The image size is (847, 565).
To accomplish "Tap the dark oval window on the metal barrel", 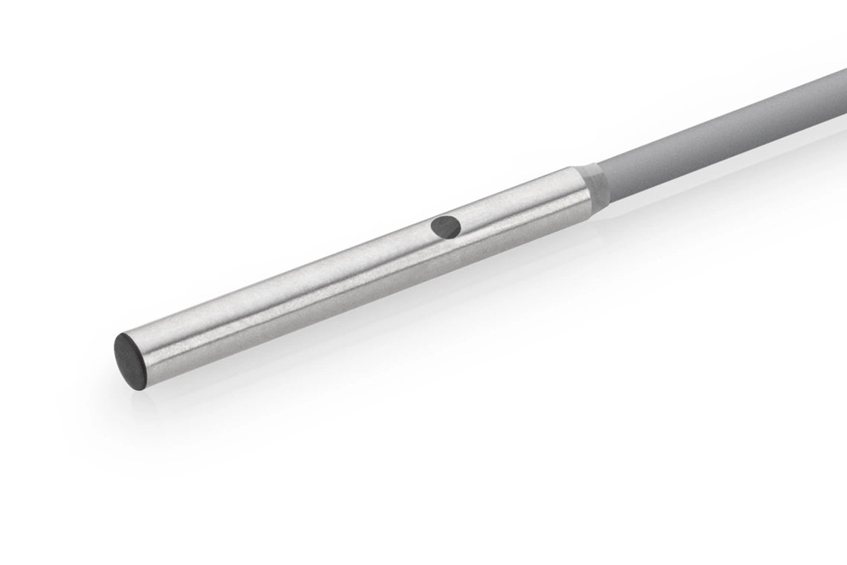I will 447,225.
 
